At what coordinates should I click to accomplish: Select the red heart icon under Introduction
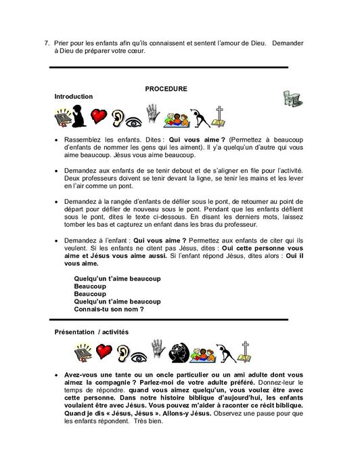point(99,117)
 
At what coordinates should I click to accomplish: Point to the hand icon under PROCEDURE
point(153,114)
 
